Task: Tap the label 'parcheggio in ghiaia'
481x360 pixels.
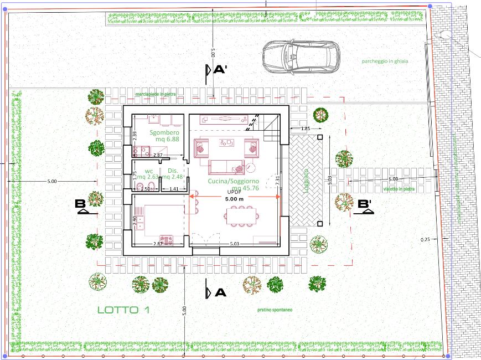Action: tap(385, 61)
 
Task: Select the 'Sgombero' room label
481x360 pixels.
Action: tap(164, 133)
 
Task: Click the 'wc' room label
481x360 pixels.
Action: tap(149, 171)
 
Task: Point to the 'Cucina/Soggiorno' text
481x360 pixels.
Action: tap(233, 181)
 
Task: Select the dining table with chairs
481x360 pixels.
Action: tap(242, 215)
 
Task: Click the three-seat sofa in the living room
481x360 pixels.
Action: tap(225, 166)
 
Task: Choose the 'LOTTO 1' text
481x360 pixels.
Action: tap(123, 310)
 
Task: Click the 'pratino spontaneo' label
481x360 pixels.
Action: tap(275, 310)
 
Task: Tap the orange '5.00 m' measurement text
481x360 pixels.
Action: tap(234, 198)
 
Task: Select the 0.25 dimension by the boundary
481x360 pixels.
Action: tap(425, 239)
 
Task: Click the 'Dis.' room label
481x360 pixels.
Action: tap(172, 171)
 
